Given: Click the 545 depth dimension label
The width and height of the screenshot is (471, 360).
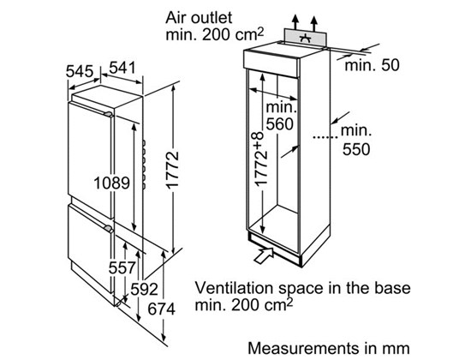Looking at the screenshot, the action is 80,71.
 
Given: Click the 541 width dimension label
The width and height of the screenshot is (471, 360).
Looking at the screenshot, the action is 122,68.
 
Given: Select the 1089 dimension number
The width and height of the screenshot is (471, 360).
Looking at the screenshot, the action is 111,183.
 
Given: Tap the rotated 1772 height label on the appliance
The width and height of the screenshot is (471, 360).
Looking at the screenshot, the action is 172,171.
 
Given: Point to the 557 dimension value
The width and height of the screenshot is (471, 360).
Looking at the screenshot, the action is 122,267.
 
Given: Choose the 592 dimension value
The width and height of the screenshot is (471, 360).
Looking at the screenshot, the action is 144,290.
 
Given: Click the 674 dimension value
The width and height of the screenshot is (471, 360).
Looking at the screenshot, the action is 161,309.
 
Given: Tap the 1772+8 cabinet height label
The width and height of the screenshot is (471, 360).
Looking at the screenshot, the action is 260,159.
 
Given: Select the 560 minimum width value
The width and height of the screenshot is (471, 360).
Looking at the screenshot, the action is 280,124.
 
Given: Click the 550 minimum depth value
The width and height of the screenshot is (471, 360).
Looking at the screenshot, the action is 356,149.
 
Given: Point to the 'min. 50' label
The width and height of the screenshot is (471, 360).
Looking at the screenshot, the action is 373,65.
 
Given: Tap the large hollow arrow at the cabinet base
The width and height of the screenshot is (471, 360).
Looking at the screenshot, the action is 264,255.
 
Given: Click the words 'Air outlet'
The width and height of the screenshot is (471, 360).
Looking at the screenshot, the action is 199,18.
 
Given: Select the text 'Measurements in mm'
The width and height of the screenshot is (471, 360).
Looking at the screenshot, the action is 329,348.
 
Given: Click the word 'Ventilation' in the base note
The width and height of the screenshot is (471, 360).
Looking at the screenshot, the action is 235,288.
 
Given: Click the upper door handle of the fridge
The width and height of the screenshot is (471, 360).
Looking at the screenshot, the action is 109,114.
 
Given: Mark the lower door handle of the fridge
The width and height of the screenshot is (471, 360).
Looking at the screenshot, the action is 109,229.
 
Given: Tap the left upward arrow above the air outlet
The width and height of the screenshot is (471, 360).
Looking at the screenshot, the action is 296,22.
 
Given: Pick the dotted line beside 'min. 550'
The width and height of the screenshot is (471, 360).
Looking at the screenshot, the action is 325,137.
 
